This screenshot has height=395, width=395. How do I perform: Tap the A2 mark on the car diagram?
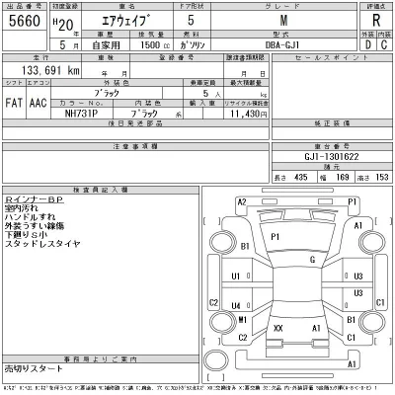click(x=242, y=201)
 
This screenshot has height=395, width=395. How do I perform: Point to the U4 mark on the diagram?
click(x=237, y=278)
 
